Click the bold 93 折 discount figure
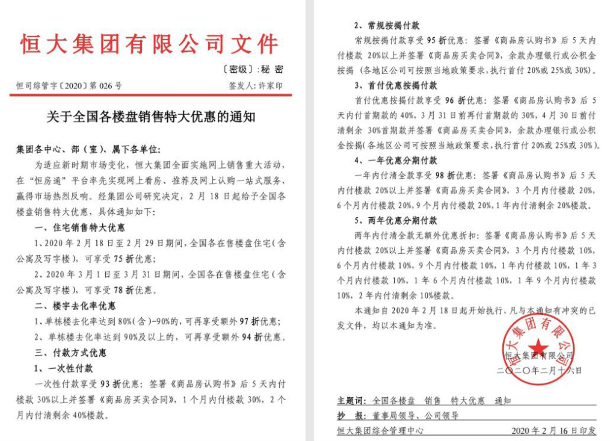point(111,384)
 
